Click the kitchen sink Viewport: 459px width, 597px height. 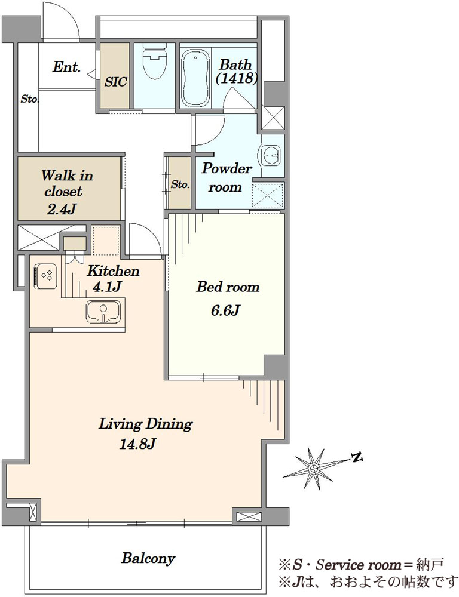coord(105,311)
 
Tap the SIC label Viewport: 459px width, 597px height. coord(115,82)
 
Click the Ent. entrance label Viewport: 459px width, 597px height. coord(66,67)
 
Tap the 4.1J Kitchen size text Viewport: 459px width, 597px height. coord(108,286)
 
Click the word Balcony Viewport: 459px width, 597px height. coord(148,559)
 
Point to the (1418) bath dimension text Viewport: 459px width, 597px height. coord(237,78)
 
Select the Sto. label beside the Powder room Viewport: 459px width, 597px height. coord(180,184)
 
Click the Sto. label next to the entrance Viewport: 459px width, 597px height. coord(29,99)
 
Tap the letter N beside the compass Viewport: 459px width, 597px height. coord(357,458)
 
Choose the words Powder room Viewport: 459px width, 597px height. coord(227,177)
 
